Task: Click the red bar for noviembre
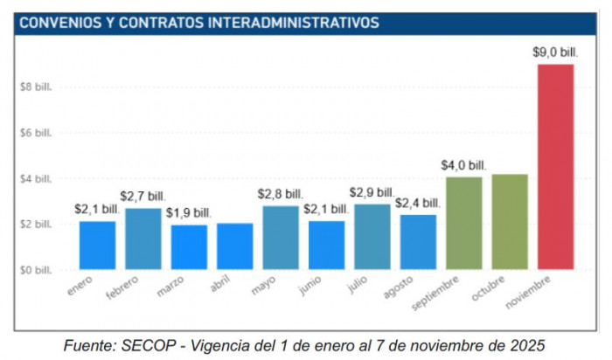[555, 167]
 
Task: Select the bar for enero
[97, 246]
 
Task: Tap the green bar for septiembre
[463, 224]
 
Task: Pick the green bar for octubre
[510, 222]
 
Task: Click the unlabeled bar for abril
[234, 246]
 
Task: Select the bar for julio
[372, 237]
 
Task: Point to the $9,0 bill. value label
[555, 52]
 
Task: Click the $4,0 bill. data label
[463, 164]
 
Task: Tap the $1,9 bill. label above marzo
[189, 212]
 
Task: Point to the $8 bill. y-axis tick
[35, 87]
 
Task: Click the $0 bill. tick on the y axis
[35, 270]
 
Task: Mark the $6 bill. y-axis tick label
[35, 133]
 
